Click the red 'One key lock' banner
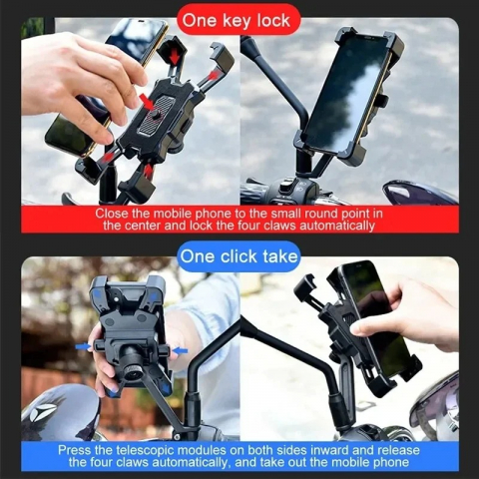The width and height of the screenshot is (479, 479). tap(239, 18)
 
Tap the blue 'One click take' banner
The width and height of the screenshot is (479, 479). tap(239, 256)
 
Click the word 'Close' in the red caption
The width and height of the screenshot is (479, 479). tap(113, 213)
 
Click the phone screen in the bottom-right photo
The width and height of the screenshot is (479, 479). tap(378, 309)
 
